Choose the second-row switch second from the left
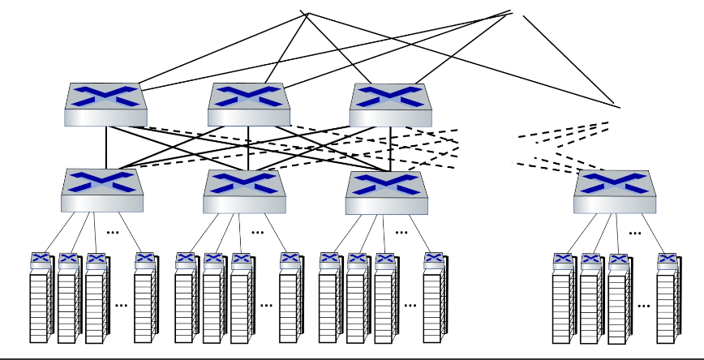point(244,191)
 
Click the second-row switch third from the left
point(386,191)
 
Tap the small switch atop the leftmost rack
point(41,260)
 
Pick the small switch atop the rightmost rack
point(668,260)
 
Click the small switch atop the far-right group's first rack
point(564,260)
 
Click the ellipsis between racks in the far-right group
point(644,306)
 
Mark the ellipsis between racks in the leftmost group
point(122,306)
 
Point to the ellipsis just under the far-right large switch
point(634,233)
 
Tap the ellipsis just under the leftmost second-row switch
point(114,233)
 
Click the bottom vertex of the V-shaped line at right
point(618,106)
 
